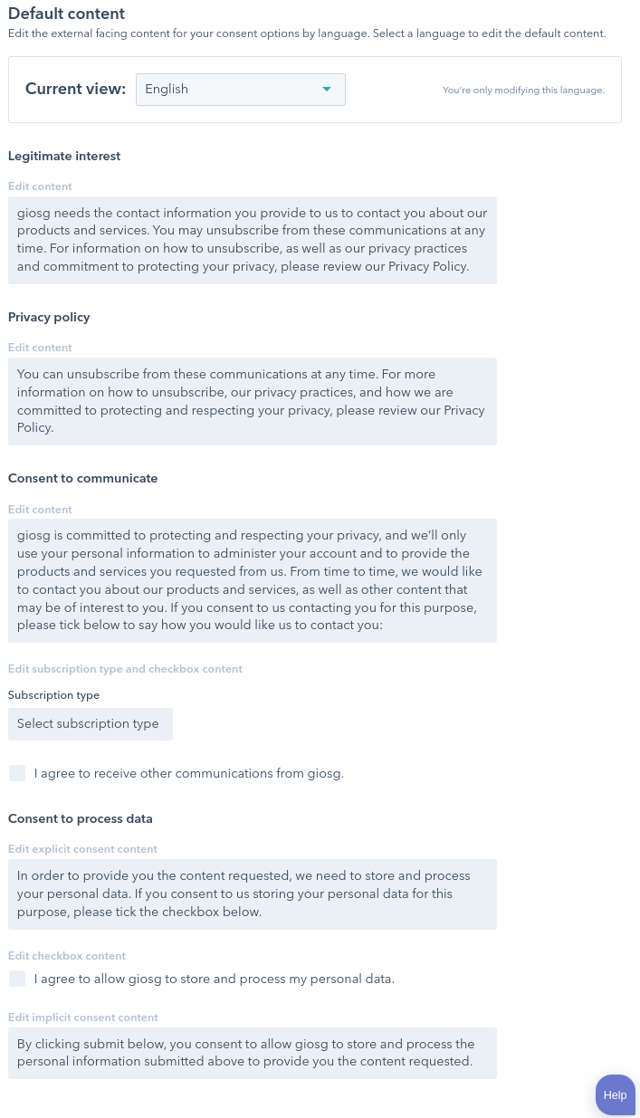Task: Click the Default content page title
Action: (x=66, y=14)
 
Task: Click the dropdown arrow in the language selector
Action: (x=327, y=90)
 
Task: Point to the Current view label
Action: (x=75, y=89)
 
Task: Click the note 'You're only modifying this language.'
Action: (x=523, y=91)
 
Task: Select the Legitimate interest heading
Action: (x=64, y=156)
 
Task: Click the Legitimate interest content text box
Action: (x=252, y=240)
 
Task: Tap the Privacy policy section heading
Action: (x=49, y=317)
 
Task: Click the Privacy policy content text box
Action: (x=252, y=401)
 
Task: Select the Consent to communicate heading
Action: (x=83, y=478)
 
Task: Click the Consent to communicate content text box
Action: (x=252, y=580)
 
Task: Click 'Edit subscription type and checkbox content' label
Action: (x=125, y=669)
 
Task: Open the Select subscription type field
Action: (x=90, y=724)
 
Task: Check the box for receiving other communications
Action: (x=17, y=773)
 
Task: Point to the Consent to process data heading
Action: (x=81, y=818)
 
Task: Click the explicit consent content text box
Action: (x=252, y=893)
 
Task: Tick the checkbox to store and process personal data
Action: (x=17, y=979)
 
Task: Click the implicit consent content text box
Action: (x=252, y=1053)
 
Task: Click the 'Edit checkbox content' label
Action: (x=67, y=956)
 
